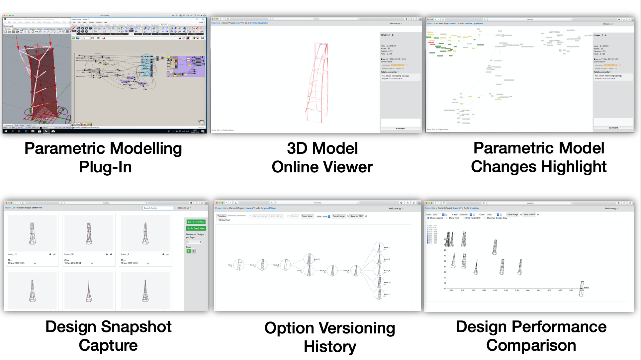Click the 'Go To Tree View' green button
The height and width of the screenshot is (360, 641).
pos(196,222)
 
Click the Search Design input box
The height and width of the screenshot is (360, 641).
pos(158,208)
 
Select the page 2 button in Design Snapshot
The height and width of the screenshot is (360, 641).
pos(194,251)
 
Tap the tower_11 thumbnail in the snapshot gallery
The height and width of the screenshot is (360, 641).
pos(32,233)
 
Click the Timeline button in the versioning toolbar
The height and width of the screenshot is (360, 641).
pos(222,216)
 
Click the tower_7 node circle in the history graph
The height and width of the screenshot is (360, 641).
pos(379,247)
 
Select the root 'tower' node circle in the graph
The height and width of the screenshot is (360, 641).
pos(238,265)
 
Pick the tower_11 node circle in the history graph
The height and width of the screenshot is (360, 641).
pos(379,294)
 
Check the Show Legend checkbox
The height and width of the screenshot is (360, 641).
pos(428,218)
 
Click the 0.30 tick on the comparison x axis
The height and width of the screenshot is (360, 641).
pos(506,290)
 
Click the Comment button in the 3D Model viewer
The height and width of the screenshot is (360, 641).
pos(401,129)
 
